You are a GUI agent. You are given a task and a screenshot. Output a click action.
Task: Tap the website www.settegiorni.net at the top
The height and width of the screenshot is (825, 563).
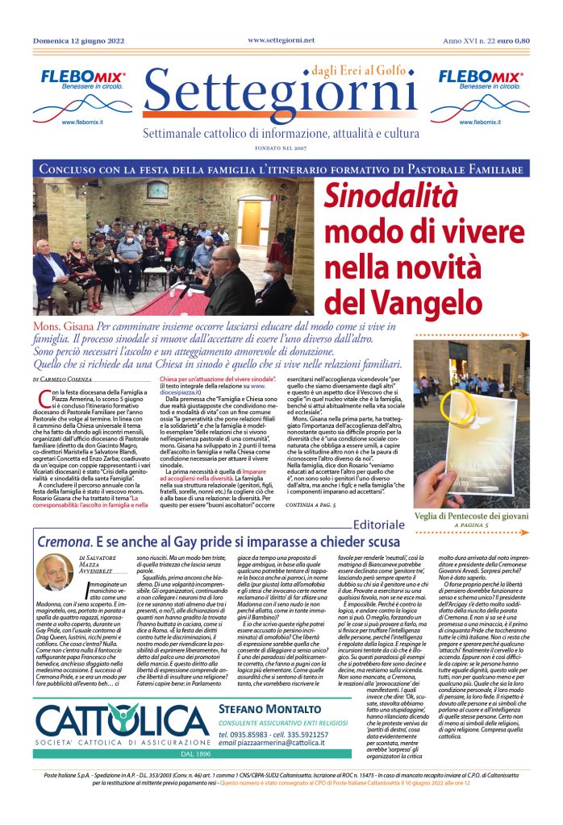point(281,39)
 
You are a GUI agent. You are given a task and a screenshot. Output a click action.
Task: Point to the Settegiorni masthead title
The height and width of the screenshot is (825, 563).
point(281,96)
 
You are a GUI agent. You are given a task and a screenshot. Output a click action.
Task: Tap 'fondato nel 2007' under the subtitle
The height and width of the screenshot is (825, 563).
point(281,148)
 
